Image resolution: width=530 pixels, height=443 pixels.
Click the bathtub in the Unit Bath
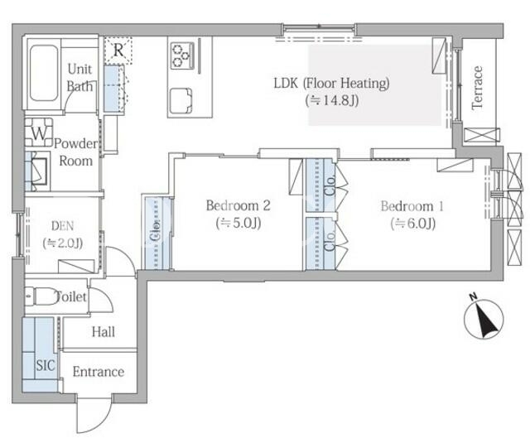[44, 73]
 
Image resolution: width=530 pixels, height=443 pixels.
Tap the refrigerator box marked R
[118, 51]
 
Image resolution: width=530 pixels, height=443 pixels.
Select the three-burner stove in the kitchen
[182, 55]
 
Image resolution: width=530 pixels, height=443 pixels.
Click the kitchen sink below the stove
[181, 101]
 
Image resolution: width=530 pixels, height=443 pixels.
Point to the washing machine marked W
[39, 132]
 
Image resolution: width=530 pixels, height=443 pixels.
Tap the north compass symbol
[484, 318]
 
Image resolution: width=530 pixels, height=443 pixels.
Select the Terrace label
[477, 88]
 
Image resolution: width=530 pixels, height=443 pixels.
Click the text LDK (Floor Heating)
[331, 83]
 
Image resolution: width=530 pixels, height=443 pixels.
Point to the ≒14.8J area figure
[331, 100]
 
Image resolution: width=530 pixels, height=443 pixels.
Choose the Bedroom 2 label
[238, 205]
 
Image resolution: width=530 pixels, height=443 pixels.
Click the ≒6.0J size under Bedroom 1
[412, 224]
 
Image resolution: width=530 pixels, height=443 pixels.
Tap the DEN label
[63, 226]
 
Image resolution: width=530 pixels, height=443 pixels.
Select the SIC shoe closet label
[46, 365]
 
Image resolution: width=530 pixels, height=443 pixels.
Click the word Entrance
[99, 372]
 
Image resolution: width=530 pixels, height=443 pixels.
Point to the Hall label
[103, 332]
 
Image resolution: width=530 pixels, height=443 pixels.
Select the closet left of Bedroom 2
[157, 233]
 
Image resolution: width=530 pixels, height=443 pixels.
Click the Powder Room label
[75, 152]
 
